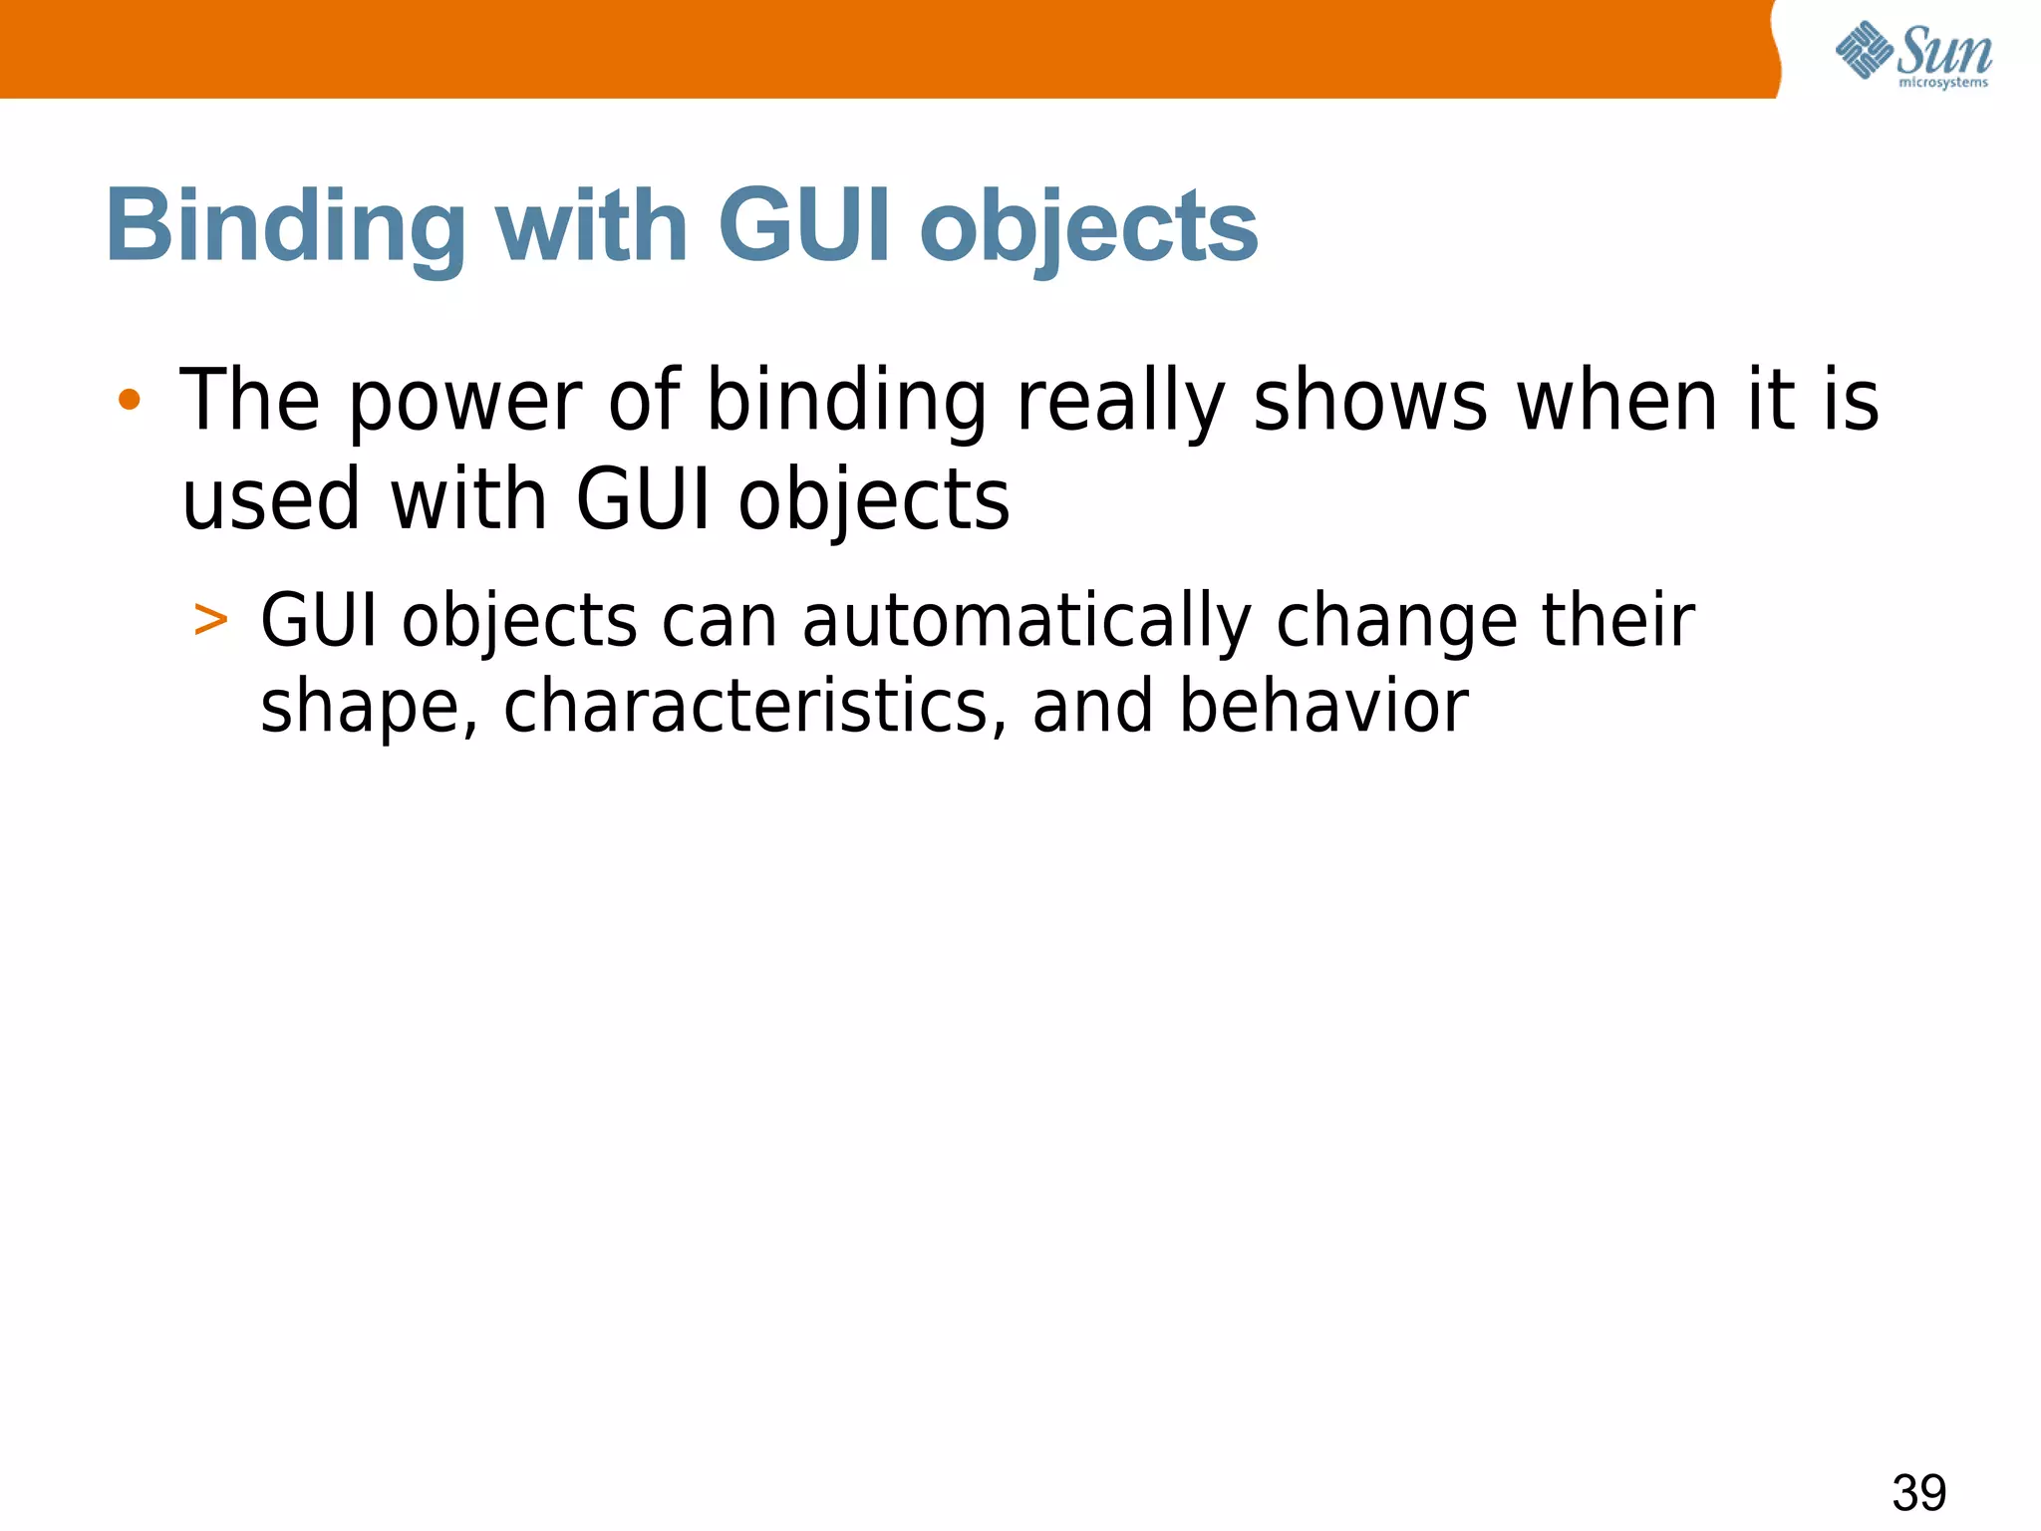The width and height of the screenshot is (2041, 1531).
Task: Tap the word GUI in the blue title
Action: [x=802, y=227]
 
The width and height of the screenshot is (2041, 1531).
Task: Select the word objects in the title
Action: [x=1088, y=231]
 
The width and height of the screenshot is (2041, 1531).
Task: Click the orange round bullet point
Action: [x=129, y=401]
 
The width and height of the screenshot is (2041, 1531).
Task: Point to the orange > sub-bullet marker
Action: [x=210, y=620]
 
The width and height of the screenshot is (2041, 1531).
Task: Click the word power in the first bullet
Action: [x=464, y=403]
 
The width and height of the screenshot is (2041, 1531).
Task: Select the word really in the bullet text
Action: [x=1120, y=403]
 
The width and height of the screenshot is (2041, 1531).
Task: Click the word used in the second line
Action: [x=271, y=500]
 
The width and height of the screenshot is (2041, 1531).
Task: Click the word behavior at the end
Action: [x=1323, y=706]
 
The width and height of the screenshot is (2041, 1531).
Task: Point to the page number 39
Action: [x=1918, y=1492]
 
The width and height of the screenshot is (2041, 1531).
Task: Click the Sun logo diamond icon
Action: [x=1864, y=50]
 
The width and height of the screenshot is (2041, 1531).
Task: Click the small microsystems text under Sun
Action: [x=1943, y=83]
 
